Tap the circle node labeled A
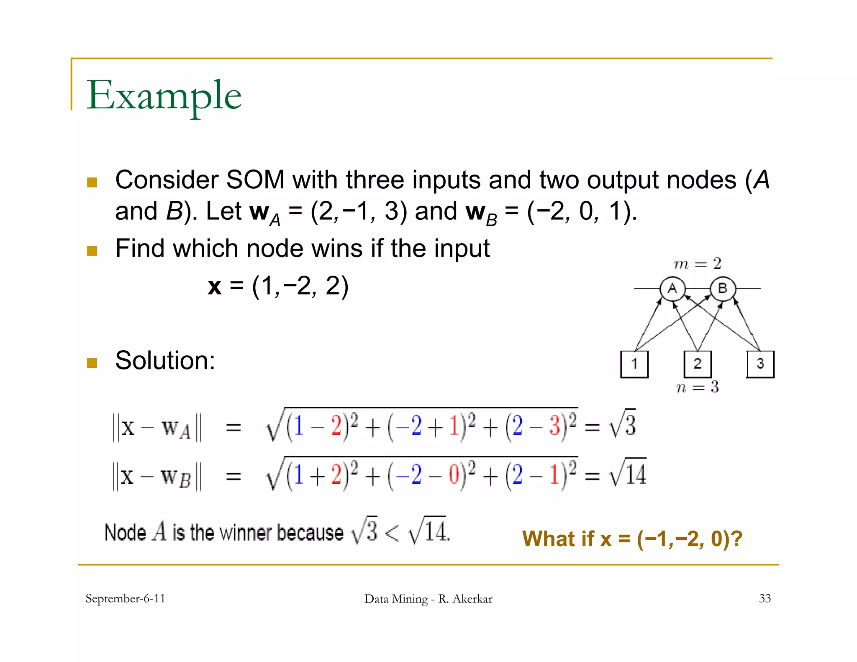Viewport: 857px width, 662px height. click(x=672, y=288)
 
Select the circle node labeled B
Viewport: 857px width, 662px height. click(x=722, y=288)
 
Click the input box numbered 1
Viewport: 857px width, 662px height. click(x=634, y=364)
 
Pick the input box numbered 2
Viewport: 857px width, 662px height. click(x=697, y=364)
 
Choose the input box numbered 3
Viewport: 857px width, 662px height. click(x=760, y=364)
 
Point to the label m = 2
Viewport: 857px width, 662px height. click(x=697, y=264)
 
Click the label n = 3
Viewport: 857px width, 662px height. click(x=697, y=387)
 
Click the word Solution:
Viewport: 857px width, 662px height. click(x=165, y=360)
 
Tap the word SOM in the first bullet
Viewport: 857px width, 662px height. click(x=255, y=180)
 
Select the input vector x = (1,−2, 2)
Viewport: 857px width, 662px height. click(x=278, y=286)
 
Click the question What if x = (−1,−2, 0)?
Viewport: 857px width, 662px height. click(x=632, y=539)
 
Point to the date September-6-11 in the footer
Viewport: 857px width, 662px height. click(x=125, y=598)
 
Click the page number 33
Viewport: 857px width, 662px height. click(x=765, y=598)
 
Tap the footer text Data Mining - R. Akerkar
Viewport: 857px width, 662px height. click(x=428, y=599)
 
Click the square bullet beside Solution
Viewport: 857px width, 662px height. click(x=92, y=363)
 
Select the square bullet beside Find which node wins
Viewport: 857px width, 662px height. click(x=92, y=251)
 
